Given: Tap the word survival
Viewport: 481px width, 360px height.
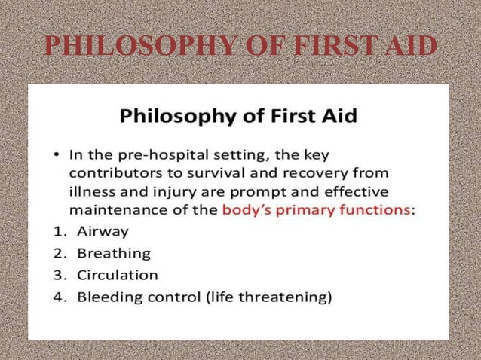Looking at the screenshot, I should (206, 173).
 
